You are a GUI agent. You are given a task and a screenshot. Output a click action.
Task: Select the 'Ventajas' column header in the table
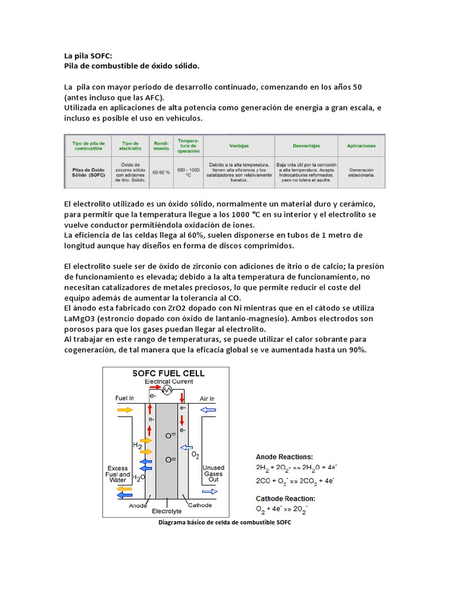pos(237,146)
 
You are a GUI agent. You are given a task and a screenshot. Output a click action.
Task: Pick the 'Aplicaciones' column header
pos(362,146)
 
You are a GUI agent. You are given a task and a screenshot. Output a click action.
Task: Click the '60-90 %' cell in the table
pos(161,173)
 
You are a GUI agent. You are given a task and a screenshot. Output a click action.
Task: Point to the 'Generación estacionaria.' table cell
pos(362,173)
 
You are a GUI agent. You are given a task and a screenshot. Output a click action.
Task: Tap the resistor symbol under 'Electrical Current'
pos(166,389)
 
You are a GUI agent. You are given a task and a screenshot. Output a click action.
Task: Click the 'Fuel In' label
pos(125,398)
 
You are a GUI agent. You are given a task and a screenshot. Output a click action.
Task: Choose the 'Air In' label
pos(208,398)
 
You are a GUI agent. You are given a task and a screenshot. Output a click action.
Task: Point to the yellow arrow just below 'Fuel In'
pos(125,410)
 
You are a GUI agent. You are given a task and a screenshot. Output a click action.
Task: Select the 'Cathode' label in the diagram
pos(200,505)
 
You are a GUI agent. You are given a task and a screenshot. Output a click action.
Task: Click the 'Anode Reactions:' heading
pos(284,456)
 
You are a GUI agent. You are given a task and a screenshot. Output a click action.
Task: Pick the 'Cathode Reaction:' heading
pos(285,498)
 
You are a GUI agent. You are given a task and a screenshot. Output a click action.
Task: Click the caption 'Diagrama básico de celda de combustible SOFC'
pos(225,523)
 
